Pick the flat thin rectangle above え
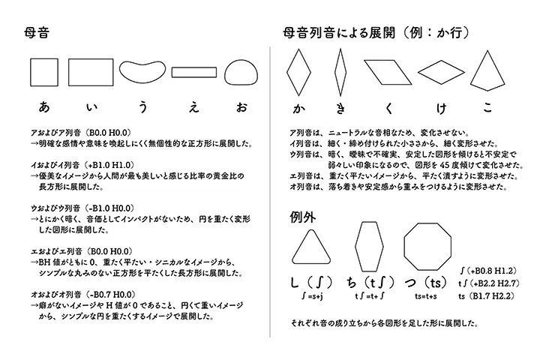click(194, 72)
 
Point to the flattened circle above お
click(240, 73)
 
